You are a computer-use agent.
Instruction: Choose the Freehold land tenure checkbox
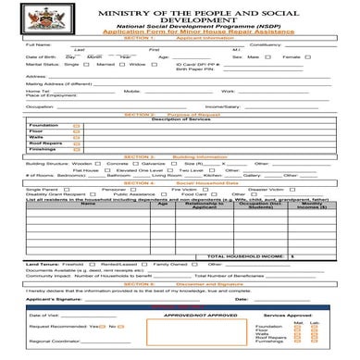click(x=90, y=264)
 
